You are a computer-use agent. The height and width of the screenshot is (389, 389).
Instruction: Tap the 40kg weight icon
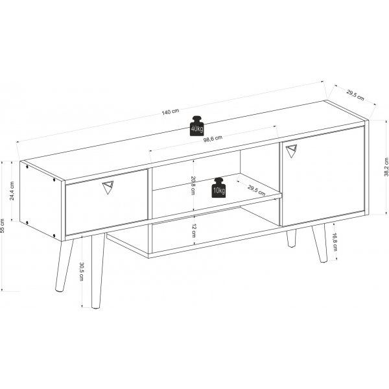[x=196, y=126]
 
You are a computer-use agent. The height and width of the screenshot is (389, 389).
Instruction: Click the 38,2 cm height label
[x=386, y=167]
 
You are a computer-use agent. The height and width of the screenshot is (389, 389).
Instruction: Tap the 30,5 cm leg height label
[x=80, y=271]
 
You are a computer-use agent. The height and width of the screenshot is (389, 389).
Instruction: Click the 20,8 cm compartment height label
[x=193, y=186]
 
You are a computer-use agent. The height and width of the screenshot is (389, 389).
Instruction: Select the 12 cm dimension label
[x=193, y=228]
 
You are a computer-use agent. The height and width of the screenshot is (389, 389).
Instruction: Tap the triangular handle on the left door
[x=108, y=188]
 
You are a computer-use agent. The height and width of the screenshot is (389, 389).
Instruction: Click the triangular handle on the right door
[x=290, y=150]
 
